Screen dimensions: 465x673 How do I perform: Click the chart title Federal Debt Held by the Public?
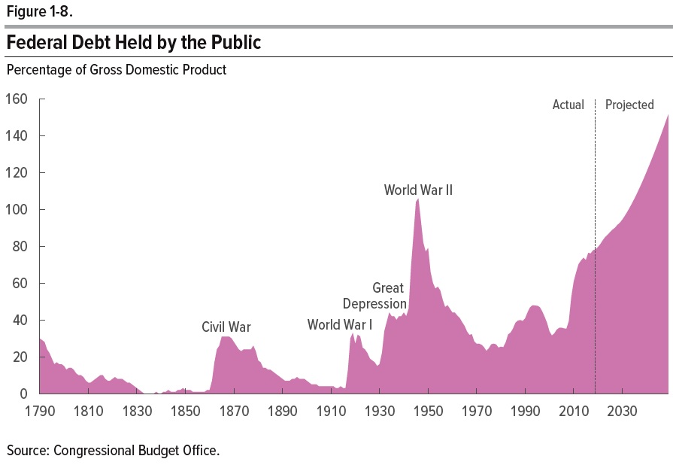tap(134, 43)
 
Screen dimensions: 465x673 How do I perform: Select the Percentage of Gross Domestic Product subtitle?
tap(117, 70)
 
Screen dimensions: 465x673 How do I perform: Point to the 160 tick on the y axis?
tap(17, 99)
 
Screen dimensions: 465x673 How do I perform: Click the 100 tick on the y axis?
tap(17, 210)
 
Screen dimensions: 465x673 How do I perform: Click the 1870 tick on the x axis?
tap(233, 412)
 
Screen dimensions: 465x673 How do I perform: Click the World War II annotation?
tap(418, 190)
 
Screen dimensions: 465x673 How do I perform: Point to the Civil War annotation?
tap(226, 327)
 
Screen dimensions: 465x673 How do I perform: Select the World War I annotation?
tap(340, 325)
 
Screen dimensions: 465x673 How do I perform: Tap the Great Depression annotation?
tap(375, 296)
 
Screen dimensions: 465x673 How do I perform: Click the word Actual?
tap(568, 105)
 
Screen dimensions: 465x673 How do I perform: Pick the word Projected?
tap(629, 105)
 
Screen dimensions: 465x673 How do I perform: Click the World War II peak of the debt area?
tap(417, 200)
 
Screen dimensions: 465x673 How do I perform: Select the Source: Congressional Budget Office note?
tap(113, 451)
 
